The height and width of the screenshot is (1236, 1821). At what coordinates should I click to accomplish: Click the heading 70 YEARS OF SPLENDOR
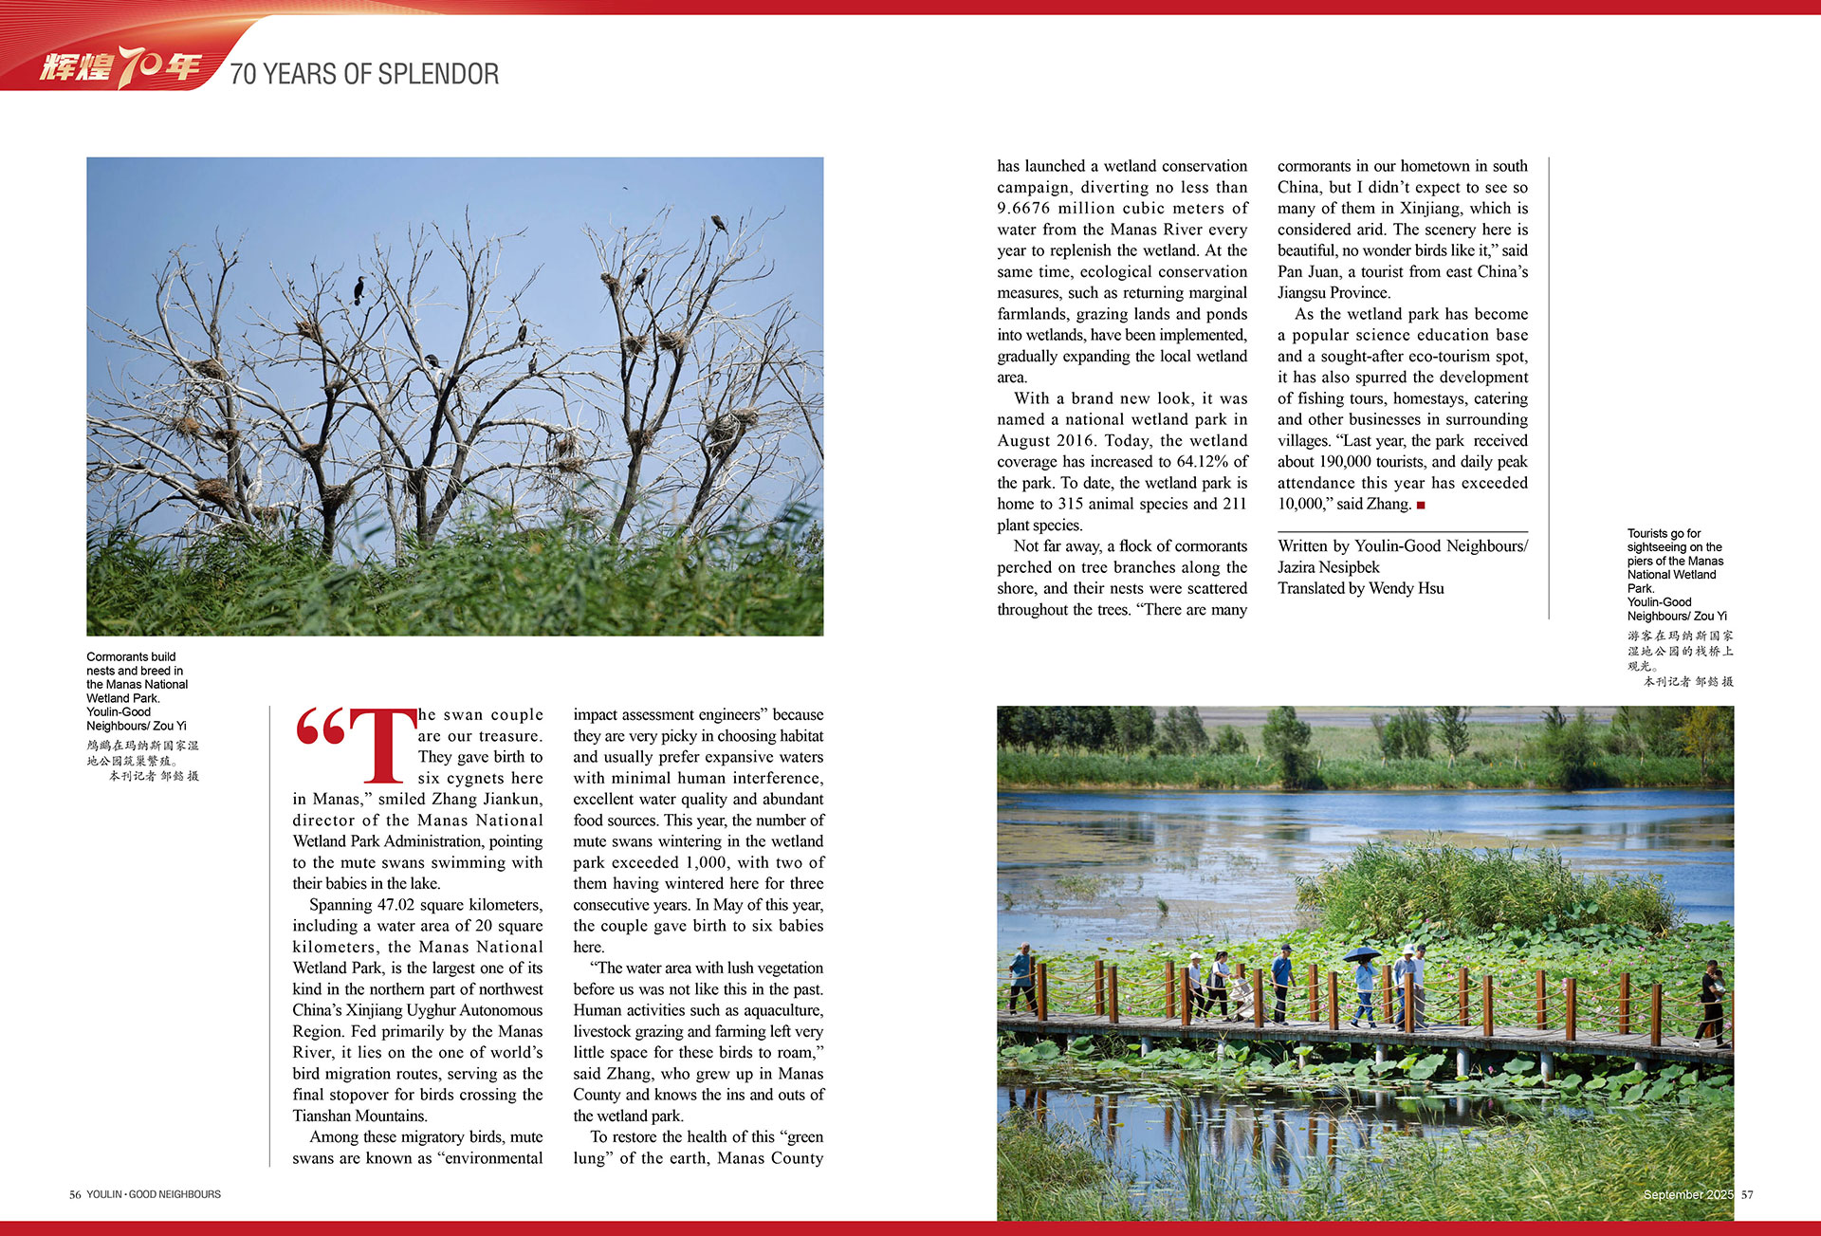pyautogui.click(x=364, y=74)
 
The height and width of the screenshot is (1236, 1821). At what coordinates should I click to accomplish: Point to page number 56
pyautogui.click(x=75, y=1194)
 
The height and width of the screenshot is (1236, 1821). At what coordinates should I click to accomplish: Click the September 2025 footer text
pyautogui.click(x=1687, y=1194)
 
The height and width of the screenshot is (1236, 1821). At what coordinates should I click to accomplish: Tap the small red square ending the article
pyautogui.click(x=1421, y=506)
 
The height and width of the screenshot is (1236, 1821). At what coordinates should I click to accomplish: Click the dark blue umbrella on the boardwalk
pyautogui.click(x=1362, y=953)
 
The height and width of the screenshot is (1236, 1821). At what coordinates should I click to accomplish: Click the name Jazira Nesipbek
pyautogui.click(x=1328, y=567)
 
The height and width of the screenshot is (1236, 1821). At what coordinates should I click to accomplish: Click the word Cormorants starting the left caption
pyautogui.click(x=118, y=656)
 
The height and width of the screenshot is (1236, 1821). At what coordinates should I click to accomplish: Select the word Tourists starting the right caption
pyautogui.click(x=1649, y=533)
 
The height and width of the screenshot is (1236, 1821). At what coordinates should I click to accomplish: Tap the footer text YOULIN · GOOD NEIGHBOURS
pyautogui.click(x=154, y=1194)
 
